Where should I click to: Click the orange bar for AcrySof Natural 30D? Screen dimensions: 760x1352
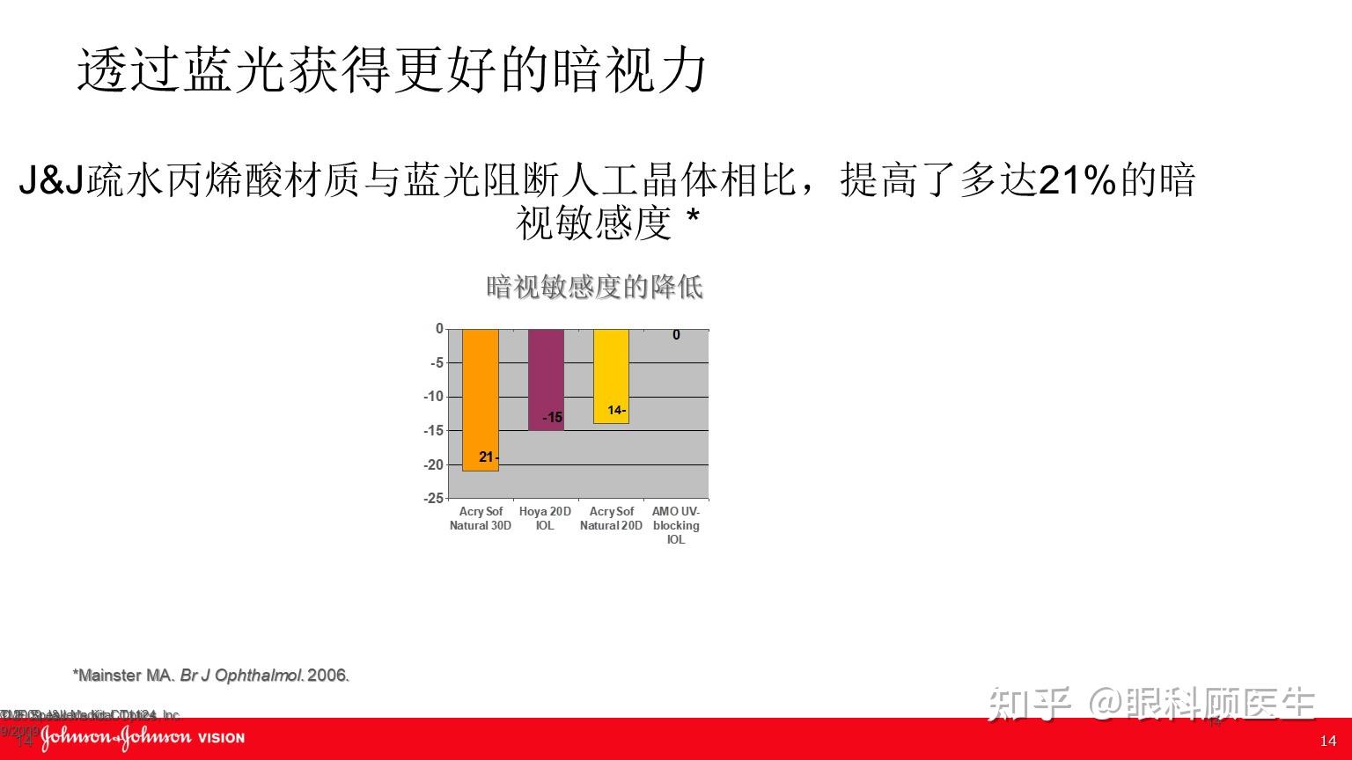point(481,399)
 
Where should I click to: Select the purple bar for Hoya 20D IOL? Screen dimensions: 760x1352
point(546,378)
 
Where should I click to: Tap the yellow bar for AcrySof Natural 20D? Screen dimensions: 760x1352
point(611,376)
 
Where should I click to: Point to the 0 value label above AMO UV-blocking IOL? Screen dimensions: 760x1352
point(676,335)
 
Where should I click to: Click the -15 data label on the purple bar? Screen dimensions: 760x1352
point(553,418)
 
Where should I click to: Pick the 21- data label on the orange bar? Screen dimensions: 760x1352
point(489,457)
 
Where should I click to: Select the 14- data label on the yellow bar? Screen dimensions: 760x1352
point(616,411)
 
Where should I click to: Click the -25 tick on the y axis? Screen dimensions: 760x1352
point(434,498)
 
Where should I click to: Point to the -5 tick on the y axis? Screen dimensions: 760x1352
point(437,362)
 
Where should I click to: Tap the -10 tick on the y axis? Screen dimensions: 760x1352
point(434,397)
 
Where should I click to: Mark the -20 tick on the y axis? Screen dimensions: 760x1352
point(434,464)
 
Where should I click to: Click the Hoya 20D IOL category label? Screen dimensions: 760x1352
point(545,518)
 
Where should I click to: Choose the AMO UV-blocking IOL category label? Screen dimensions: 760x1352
point(676,525)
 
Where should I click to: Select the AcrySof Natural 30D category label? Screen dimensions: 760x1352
point(481,518)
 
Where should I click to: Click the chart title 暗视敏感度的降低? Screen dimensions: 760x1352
point(595,287)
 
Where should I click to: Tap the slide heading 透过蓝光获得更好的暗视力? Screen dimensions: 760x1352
point(393,70)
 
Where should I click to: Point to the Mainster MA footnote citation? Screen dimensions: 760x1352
point(211,676)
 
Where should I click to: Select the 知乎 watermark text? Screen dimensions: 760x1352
point(1028,704)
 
